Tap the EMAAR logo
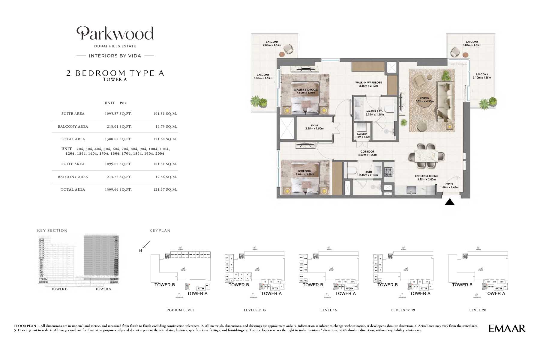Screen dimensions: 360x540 [x=507, y=329]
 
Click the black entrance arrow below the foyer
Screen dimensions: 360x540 [x=449, y=202]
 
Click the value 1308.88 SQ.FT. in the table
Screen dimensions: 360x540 [x=118, y=139]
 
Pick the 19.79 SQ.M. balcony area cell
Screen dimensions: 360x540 [x=166, y=126]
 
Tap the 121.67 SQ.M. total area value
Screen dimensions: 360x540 [x=166, y=189]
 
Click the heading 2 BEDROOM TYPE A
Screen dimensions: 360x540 [x=115, y=73]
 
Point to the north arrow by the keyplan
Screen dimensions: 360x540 [x=145, y=245]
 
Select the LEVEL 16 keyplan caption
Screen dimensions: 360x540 [x=328, y=310]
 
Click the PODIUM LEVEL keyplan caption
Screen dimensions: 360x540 [x=180, y=310]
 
